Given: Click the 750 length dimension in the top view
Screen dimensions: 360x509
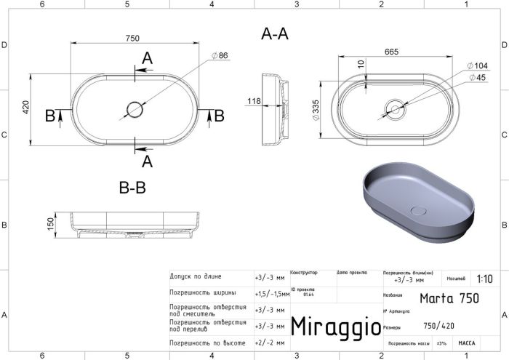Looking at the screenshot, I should click(x=132, y=39).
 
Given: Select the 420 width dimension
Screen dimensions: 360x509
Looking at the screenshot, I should click(x=25, y=108).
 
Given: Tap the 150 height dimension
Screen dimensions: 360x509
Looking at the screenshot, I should click(x=50, y=223).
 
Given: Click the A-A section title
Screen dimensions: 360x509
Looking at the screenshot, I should click(x=275, y=33).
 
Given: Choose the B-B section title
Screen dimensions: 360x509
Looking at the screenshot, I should click(x=132, y=188).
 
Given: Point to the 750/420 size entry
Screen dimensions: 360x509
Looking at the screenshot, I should click(x=439, y=326).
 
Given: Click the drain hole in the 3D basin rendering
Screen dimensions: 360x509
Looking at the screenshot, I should click(x=419, y=210).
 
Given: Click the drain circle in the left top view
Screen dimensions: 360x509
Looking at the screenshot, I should click(x=135, y=110).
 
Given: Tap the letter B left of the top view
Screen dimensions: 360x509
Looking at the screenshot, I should click(x=49, y=115).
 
